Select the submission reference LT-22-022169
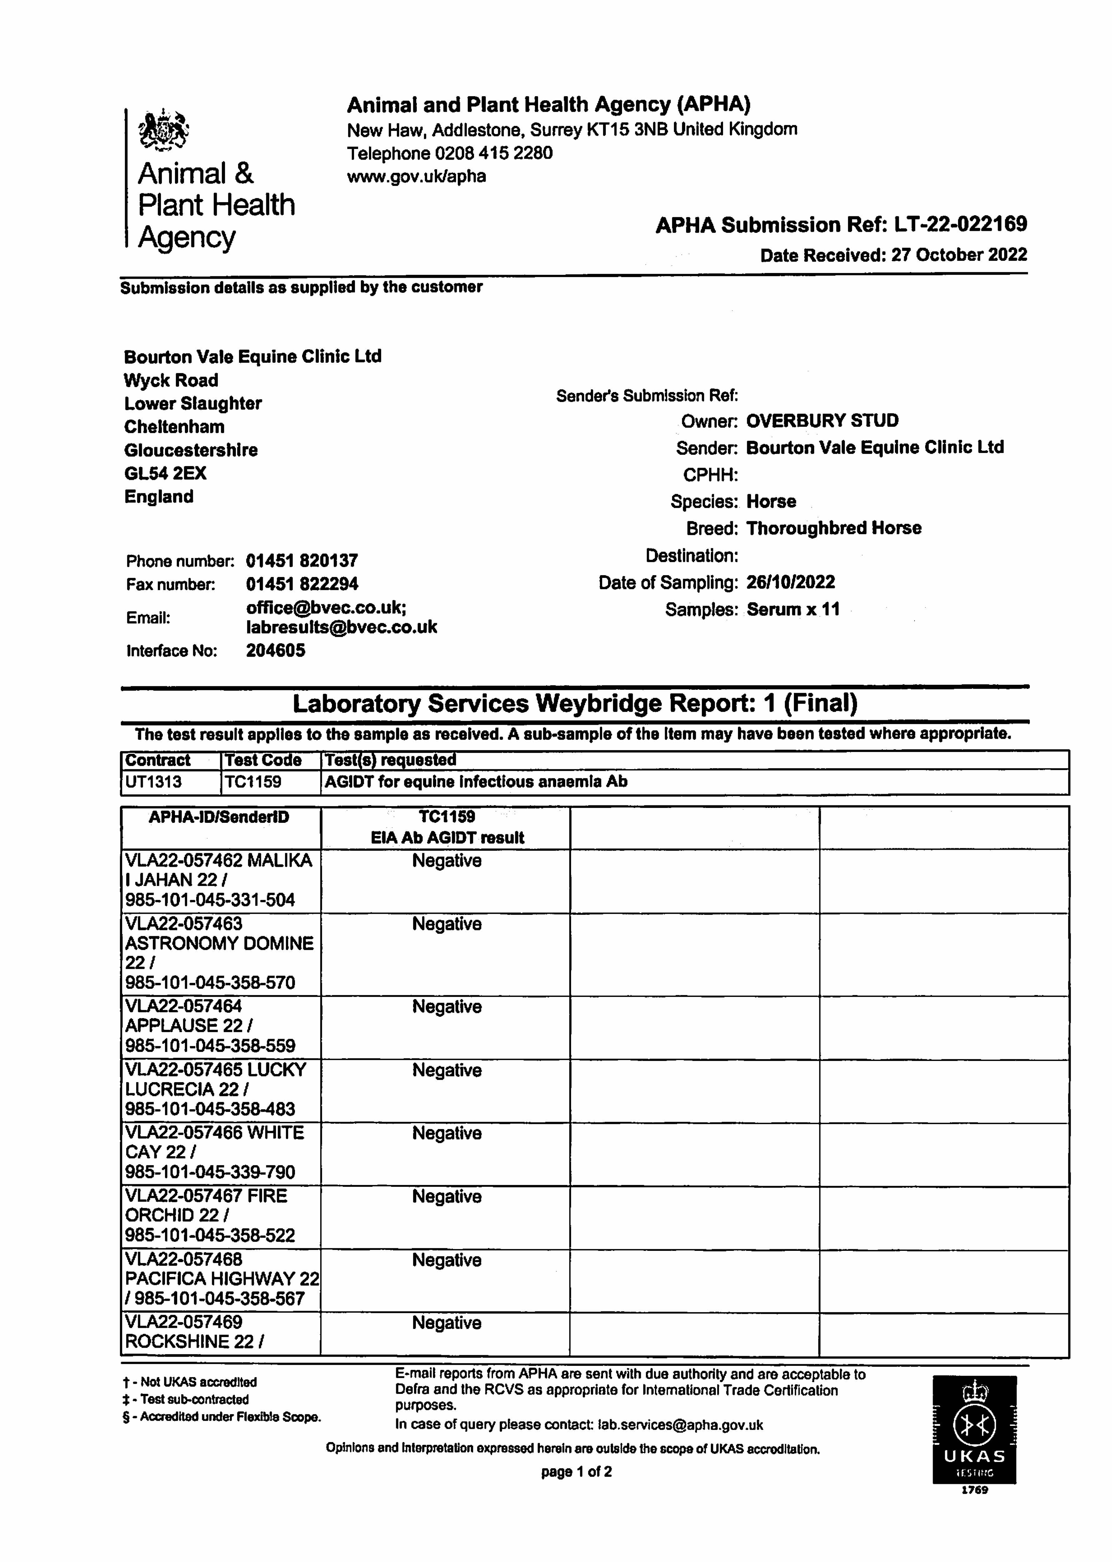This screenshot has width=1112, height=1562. click(961, 225)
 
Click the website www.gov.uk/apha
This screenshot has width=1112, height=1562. click(416, 177)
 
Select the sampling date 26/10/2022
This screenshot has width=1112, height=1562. click(790, 583)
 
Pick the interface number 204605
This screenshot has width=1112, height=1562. click(275, 650)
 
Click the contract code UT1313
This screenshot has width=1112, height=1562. click(153, 782)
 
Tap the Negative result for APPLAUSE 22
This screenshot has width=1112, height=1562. click(446, 1007)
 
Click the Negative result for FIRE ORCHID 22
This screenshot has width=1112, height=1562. click(446, 1196)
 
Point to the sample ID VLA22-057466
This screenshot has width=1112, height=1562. click(183, 1133)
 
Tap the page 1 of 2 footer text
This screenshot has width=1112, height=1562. click(576, 1472)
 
